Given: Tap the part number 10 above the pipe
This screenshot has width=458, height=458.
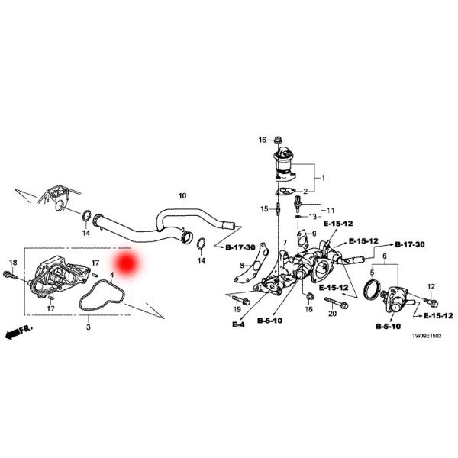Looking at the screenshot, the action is (182, 195).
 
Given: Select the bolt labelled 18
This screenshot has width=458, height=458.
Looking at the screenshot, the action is (9, 275).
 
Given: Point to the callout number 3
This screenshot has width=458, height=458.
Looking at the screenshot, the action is (89, 327).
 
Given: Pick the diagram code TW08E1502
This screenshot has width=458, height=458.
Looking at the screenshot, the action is (427, 336).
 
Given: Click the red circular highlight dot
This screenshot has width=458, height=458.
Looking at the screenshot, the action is (127, 263).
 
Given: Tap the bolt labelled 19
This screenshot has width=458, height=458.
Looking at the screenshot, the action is (241, 300).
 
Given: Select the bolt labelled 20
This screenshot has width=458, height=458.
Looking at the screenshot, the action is (337, 303).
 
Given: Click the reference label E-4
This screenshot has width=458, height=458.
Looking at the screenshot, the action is (238, 324).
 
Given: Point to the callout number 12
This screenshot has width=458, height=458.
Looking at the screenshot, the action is (431, 287).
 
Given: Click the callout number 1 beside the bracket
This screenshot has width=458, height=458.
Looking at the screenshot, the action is (323, 178).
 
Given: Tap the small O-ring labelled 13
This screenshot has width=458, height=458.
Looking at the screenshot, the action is (298, 217).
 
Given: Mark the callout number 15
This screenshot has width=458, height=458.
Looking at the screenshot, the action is (264, 209).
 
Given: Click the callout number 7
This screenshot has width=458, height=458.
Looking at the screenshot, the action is (285, 243).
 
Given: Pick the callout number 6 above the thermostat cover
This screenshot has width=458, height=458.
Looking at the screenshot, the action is (385, 256).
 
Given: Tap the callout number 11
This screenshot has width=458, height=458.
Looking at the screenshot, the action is (331, 211).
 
